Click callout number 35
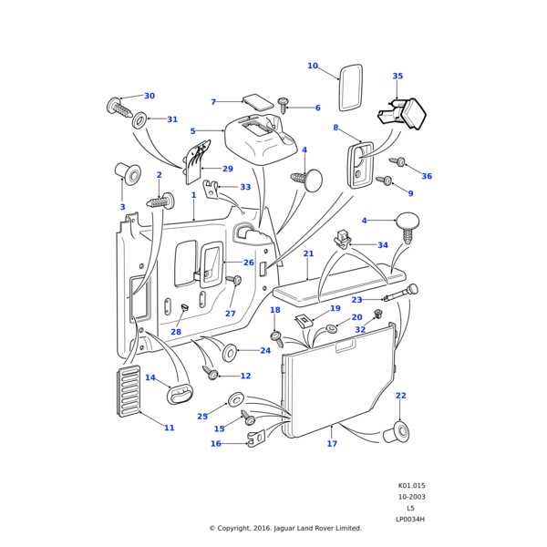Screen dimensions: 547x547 [397, 77]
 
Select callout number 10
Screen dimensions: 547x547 [313, 66]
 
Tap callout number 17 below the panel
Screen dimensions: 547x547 [332, 444]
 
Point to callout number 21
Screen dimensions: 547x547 [308, 254]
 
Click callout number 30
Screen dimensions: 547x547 [150, 96]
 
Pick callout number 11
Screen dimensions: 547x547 [169, 428]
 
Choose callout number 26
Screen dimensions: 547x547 [249, 263]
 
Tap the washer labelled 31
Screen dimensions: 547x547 [139, 119]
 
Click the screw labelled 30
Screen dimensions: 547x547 [120, 107]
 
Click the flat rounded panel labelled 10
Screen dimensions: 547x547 [351, 88]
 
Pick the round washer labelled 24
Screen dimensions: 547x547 [230, 351]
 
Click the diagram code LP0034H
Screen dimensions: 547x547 [410, 519]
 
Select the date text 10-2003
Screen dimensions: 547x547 [410, 497]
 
